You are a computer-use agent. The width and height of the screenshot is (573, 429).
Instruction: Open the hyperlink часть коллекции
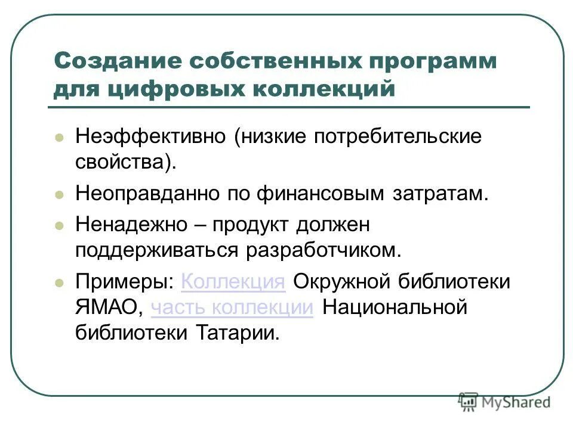(232, 307)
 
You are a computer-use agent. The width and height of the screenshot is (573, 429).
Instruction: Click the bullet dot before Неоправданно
(59, 195)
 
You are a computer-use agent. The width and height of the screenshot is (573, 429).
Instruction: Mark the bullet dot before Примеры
(59, 282)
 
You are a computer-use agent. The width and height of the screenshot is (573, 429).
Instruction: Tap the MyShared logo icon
(469, 401)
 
